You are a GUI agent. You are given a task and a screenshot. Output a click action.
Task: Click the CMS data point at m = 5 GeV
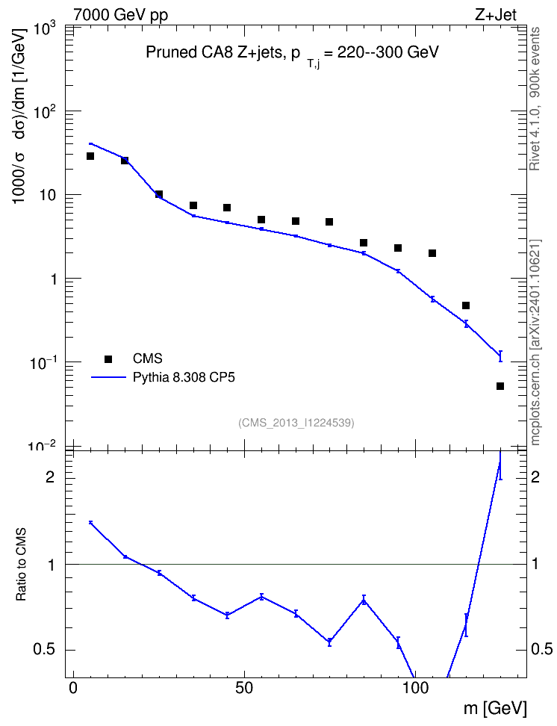(x=90, y=156)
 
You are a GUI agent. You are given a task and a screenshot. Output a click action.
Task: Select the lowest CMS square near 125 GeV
(x=500, y=386)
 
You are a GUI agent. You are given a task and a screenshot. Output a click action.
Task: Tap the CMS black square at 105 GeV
(x=432, y=253)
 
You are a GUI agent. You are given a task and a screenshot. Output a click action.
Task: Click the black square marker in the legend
(x=108, y=359)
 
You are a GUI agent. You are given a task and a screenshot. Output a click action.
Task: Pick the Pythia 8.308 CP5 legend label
(x=184, y=377)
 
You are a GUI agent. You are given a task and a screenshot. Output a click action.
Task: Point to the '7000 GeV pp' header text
(x=120, y=15)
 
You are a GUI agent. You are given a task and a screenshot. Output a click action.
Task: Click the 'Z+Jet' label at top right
(x=496, y=15)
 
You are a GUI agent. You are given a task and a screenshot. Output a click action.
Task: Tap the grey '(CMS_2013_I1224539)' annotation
(x=296, y=423)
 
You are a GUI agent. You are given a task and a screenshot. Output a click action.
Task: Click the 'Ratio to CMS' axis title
(x=21, y=564)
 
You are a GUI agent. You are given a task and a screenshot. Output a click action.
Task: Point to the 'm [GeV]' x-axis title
(x=495, y=708)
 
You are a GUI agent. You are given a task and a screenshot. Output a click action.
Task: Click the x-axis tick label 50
(x=244, y=688)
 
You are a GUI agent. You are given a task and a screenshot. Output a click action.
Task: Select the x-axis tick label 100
(x=415, y=688)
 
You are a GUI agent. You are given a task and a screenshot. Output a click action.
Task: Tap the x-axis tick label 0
(x=73, y=688)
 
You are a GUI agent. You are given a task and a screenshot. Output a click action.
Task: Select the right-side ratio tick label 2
(x=535, y=477)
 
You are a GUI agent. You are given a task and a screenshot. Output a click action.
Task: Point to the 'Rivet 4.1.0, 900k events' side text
(x=535, y=99)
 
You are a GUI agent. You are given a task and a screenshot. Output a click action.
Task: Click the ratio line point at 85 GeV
(x=364, y=601)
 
